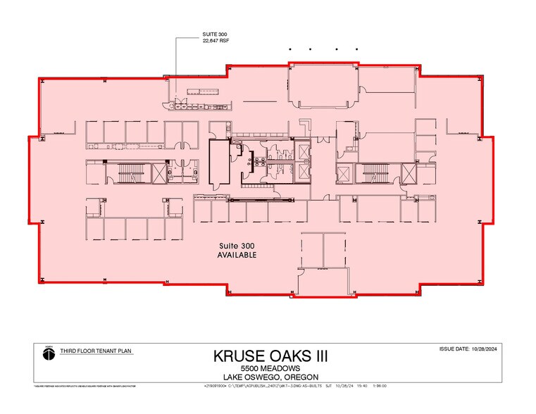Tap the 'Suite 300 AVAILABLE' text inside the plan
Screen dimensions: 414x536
[x=237, y=250]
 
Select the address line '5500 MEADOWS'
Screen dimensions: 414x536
[x=268, y=368]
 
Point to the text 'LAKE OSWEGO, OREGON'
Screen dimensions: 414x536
[x=268, y=377]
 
